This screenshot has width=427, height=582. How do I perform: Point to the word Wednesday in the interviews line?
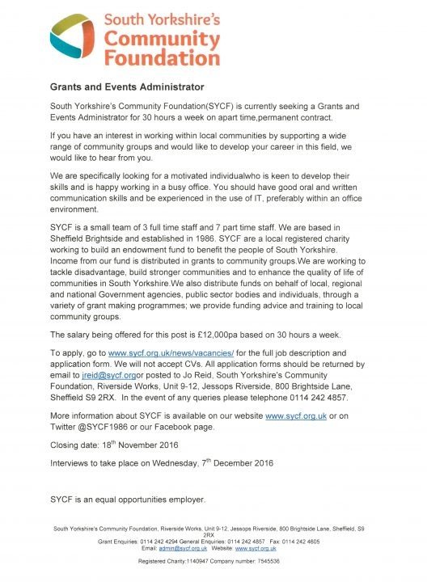(185, 465)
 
